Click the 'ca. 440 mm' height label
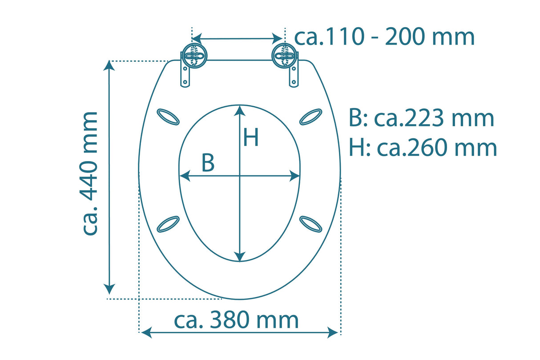90,174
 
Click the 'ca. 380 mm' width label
236,320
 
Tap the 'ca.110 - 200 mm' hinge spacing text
385,37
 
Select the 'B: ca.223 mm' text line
421,118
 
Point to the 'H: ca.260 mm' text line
423,147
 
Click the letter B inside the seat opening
208,163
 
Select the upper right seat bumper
310,117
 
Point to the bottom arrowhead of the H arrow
240,256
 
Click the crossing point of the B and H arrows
240,177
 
